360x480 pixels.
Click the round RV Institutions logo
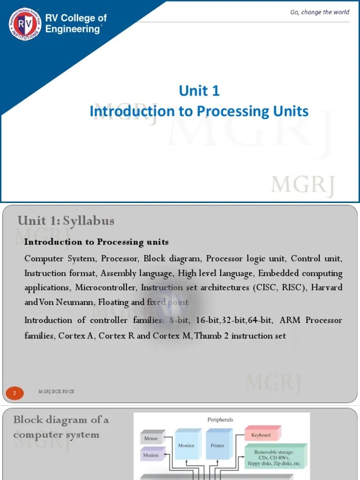coord(25,24)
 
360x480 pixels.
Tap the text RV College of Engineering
coord(75,23)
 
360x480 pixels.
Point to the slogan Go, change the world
coord(319,12)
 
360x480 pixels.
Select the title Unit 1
coord(199,90)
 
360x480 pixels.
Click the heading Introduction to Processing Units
coord(199,112)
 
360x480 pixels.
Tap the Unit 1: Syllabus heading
coord(66,220)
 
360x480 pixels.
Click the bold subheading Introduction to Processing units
coord(97,242)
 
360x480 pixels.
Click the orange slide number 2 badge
coord(15,393)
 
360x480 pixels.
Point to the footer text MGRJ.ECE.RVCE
coord(56,392)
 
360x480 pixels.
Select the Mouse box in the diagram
coord(151,438)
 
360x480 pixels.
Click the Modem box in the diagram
coord(151,455)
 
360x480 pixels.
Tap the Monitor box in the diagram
coord(186,446)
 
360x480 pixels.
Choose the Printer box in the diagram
coord(217,446)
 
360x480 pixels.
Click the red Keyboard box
coord(261,435)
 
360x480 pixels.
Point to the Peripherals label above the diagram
coord(220,420)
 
